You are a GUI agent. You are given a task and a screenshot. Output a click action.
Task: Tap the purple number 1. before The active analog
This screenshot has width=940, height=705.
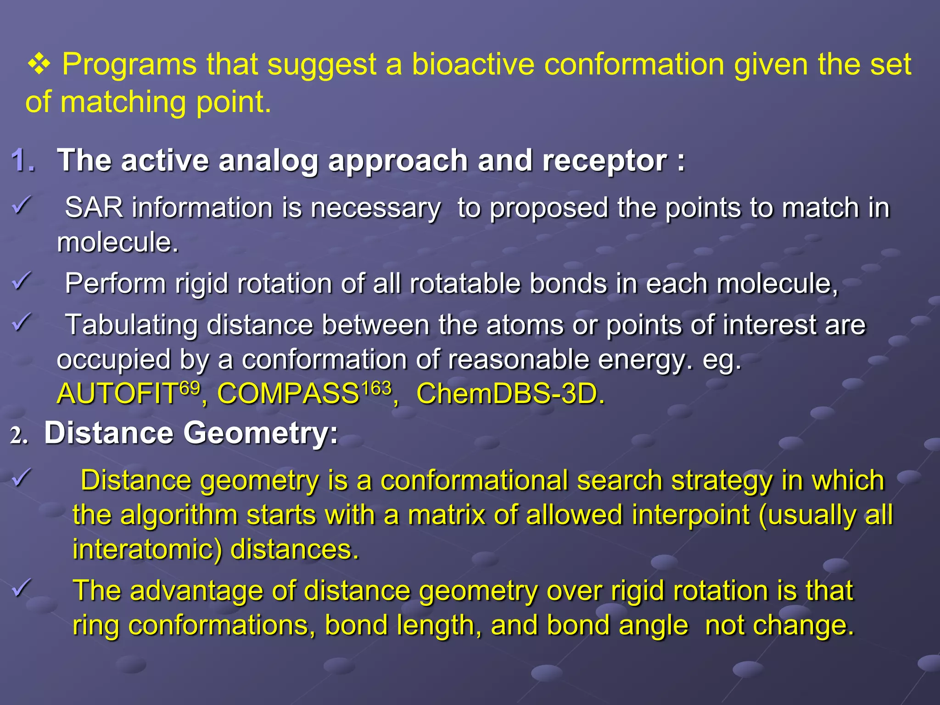point(23,161)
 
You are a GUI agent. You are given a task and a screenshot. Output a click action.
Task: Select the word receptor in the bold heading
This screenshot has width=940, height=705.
point(604,161)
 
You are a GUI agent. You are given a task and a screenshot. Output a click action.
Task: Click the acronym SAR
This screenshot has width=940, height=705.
point(94,207)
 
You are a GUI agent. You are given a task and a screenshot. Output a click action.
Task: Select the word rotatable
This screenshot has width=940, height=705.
point(464,283)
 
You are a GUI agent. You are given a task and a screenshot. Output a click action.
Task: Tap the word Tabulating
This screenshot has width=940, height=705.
point(131,325)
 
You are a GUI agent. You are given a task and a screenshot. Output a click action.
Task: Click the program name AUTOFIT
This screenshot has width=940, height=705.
point(117,394)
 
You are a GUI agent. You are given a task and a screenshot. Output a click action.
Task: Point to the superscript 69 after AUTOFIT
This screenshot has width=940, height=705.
point(190,388)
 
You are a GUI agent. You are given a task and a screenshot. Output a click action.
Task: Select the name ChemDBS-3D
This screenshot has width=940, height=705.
point(510,394)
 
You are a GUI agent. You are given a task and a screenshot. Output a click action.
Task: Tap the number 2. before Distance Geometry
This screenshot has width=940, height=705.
point(19,435)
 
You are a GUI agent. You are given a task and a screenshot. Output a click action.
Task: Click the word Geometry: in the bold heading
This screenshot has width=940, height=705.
point(261,433)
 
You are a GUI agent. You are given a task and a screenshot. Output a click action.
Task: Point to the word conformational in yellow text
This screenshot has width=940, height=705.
point(474,481)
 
